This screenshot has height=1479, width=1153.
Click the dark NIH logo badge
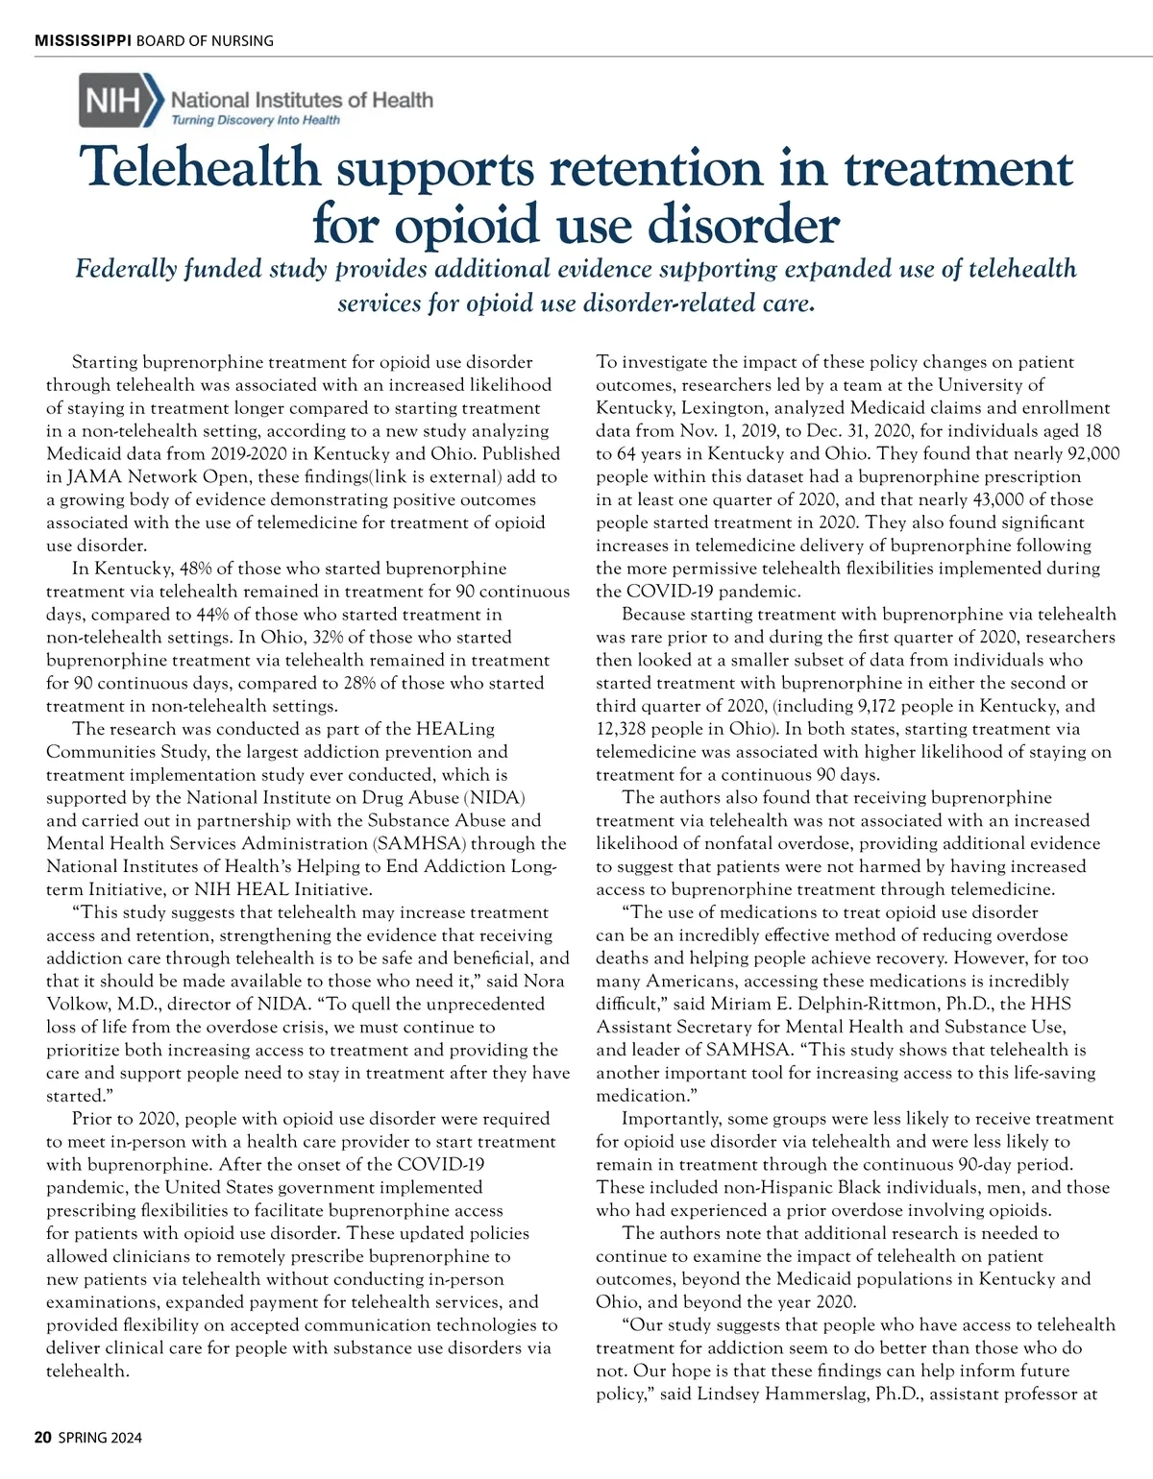tap(113, 101)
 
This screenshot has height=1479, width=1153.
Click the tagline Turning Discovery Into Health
tap(255, 120)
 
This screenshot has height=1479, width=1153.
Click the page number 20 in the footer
tap(42, 1438)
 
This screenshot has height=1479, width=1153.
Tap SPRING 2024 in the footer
tap(100, 1438)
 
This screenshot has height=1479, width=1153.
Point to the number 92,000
tap(1092, 453)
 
